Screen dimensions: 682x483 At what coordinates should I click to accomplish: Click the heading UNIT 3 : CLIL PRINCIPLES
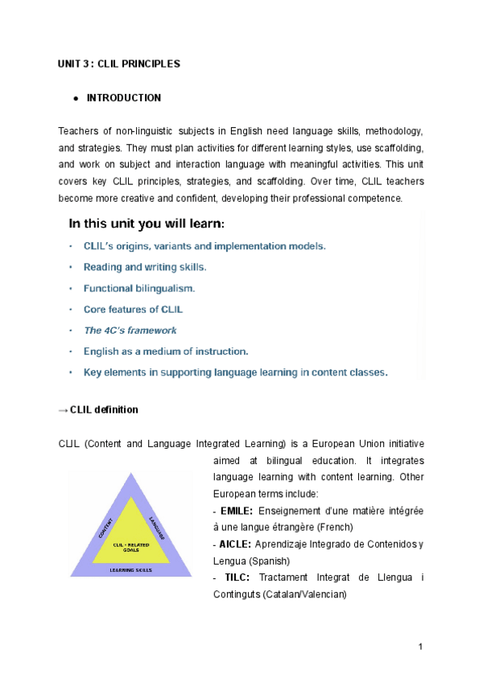(x=119, y=63)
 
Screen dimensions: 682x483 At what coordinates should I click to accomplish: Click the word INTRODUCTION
(x=123, y=98)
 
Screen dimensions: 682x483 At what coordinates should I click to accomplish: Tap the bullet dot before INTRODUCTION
(x=75, y=99)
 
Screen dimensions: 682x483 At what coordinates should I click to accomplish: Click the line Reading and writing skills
(x=145, y=267)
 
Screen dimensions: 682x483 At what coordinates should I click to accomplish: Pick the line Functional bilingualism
(x=139, y=288)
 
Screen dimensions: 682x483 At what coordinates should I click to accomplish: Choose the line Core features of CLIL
(x=133, y=309)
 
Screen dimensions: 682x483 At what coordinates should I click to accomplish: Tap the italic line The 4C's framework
(x=130, y=330)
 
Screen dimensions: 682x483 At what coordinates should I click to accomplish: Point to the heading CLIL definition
(x=104, y=410)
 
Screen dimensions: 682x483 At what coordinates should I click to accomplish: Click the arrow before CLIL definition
(x=64, y=410)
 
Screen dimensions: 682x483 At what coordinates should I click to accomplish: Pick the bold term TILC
(x=237, y=578)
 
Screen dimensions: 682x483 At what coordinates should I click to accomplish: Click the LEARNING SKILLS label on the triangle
(x=131, y=569)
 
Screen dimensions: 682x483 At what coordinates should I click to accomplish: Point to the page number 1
(x=421, y=647)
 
